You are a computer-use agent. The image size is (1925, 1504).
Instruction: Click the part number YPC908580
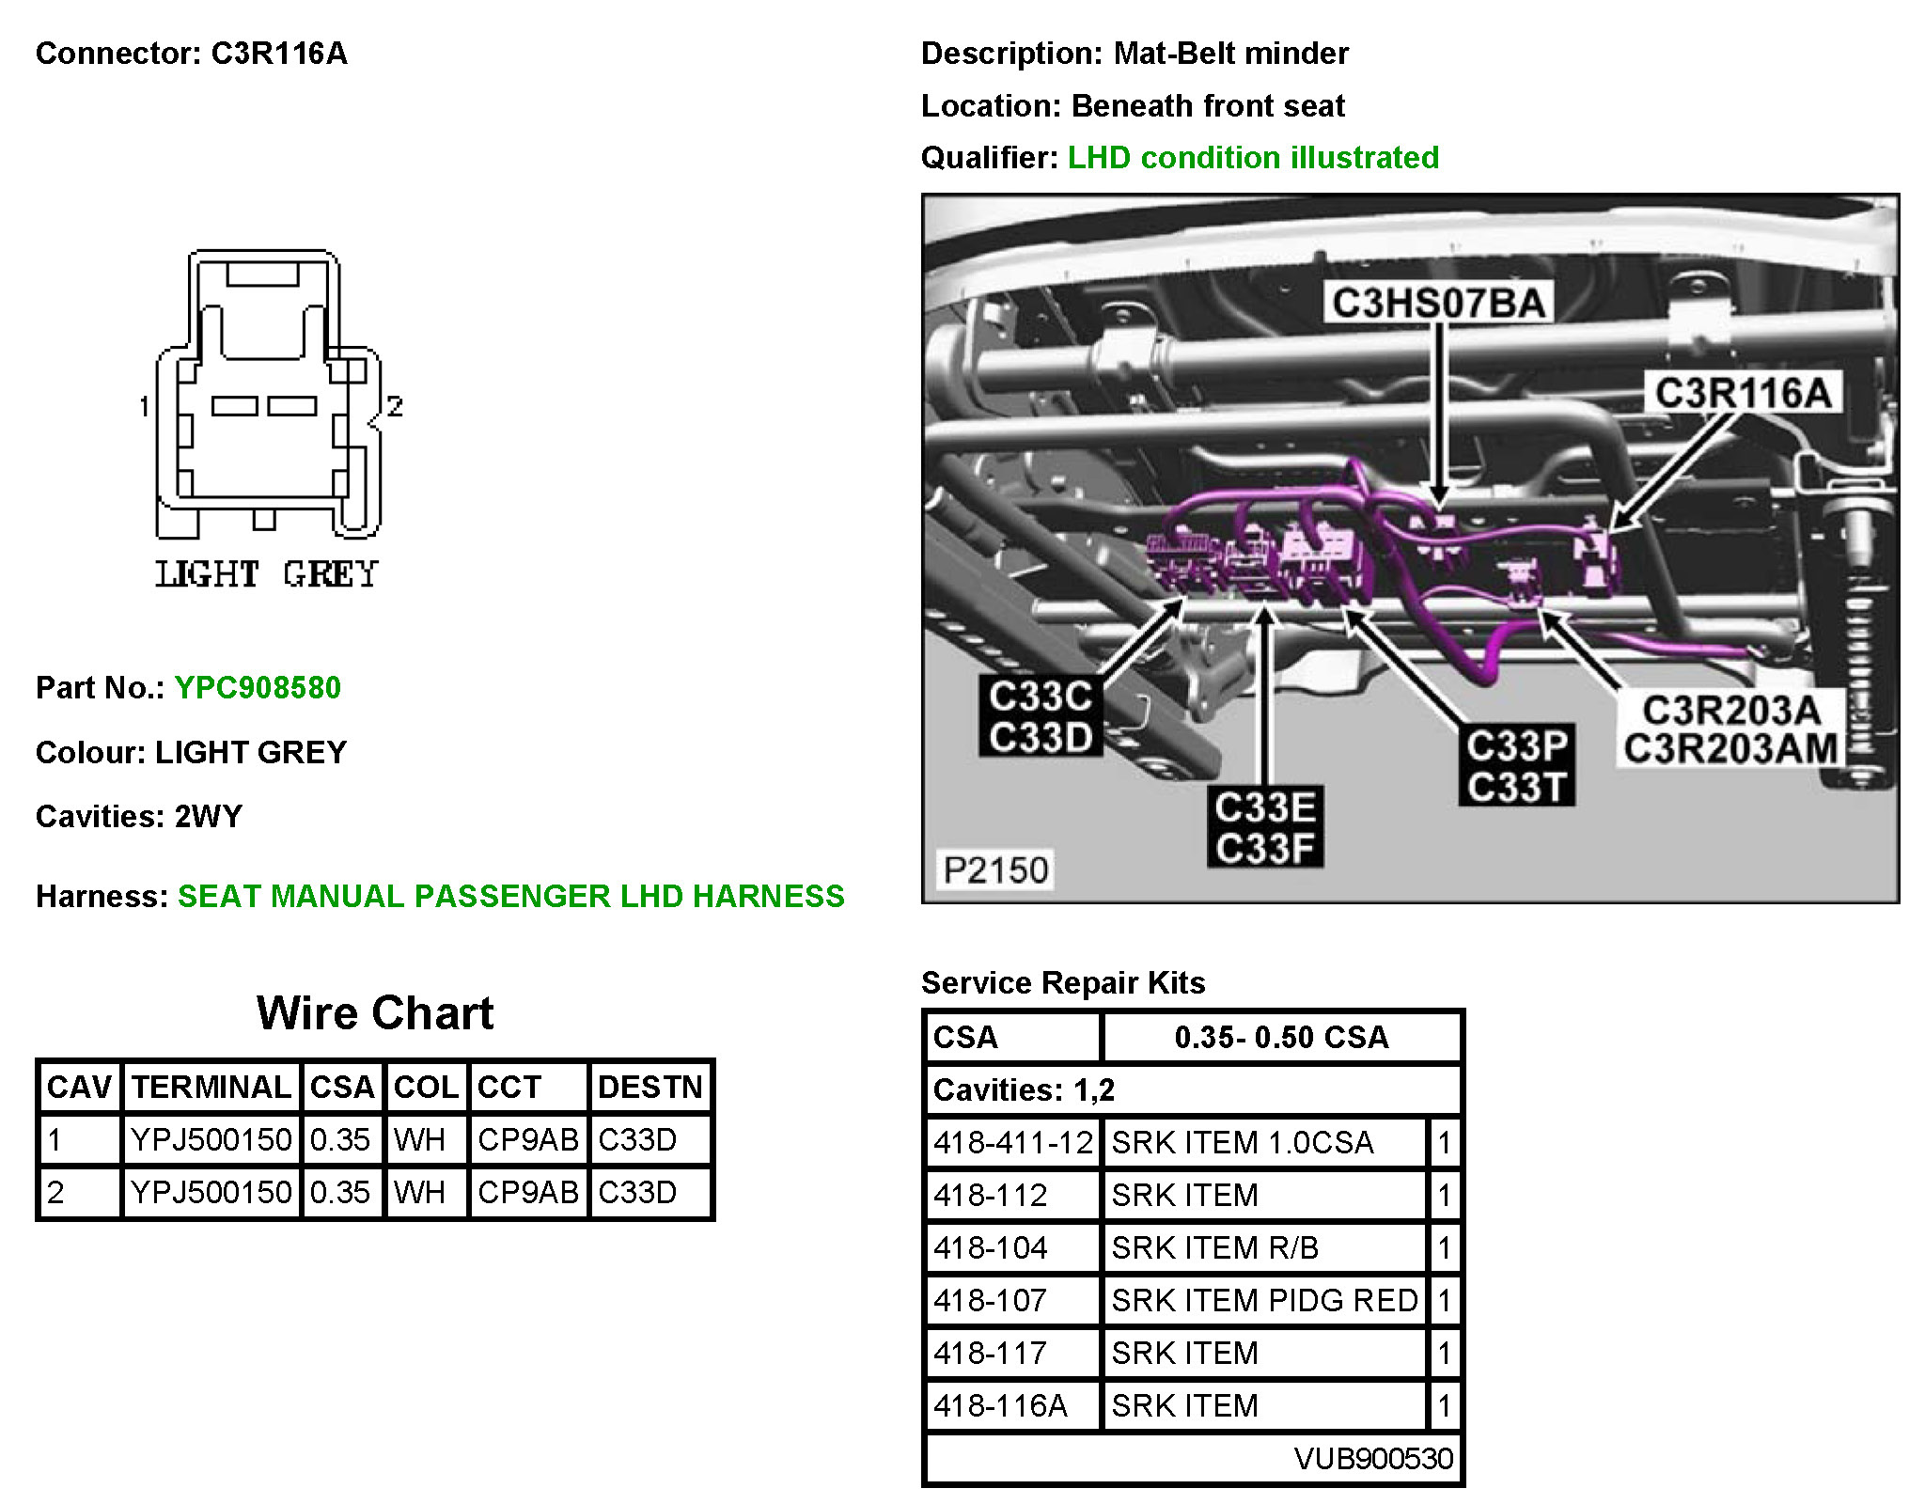258,688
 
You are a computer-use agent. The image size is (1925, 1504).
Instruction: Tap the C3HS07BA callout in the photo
1438,304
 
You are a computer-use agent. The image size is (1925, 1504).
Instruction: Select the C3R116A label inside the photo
1743,393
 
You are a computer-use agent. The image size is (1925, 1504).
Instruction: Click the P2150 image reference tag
995,869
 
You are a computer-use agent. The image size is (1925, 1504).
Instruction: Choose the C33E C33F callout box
1265,827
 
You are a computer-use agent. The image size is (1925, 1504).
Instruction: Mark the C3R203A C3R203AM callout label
1730,730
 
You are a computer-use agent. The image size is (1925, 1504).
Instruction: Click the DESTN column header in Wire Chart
649,1088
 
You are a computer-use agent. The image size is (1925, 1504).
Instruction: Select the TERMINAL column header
211,1088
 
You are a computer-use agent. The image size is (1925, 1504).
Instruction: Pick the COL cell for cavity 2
419,1192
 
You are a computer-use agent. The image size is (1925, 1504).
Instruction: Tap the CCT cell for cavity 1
527,1139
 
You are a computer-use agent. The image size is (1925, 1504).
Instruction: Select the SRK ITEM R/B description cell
1214,1247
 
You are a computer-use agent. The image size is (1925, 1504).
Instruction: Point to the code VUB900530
1372,1458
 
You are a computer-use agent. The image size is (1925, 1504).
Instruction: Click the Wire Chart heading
375,1013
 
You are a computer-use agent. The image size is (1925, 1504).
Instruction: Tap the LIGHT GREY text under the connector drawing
267,574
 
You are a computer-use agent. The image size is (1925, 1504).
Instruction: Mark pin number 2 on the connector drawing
395,406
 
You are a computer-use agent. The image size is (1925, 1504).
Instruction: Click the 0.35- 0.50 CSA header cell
1281,1037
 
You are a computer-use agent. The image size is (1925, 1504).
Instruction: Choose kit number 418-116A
1000,1405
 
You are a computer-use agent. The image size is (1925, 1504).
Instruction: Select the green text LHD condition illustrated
1253,158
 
